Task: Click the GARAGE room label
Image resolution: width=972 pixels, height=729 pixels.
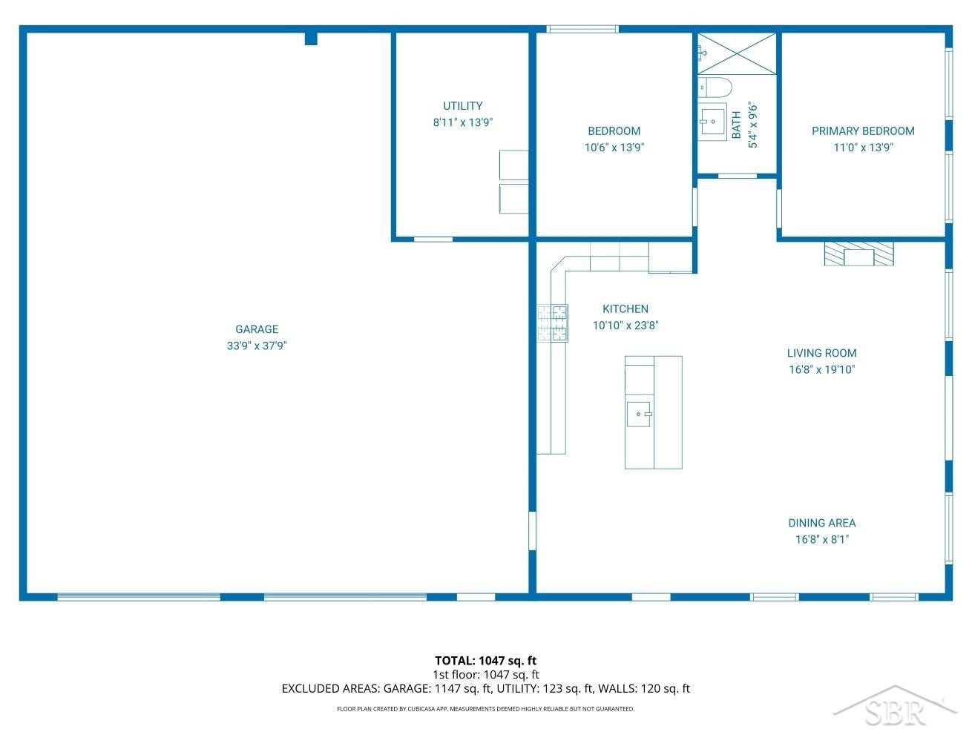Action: [257, 329]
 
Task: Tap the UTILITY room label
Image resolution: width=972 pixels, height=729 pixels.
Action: [463, 106]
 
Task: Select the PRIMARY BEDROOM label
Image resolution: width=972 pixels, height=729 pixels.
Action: [863, 131]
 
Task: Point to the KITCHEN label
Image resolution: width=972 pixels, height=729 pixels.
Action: [625, 309]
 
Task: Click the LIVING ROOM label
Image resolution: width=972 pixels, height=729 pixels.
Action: [822, 353]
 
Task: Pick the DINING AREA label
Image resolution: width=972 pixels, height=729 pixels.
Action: [822, 523]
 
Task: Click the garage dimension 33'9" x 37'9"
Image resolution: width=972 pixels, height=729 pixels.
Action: [257, 346]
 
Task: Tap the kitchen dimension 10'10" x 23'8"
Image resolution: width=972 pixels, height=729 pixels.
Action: [625, 326]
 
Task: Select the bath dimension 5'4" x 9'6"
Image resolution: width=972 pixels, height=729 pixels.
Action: [753, 126]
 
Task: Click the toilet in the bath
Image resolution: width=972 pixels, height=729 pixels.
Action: [714, 88]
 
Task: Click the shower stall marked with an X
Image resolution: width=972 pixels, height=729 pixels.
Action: [737, 53]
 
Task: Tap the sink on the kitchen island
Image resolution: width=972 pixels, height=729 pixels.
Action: [639, 415]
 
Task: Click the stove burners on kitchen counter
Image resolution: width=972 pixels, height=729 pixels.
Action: [553, 323]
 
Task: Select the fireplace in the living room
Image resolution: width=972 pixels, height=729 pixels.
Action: [858, 254]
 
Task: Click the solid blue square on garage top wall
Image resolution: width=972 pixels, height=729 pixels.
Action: [311, 39]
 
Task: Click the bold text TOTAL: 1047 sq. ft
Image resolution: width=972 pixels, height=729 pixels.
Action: [486, 661]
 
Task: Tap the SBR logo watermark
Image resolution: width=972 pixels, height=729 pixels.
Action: [895, 707]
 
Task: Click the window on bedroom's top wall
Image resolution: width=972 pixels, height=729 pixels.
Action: [582, 29]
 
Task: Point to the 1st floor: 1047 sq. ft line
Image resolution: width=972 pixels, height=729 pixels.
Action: [486, 675]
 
